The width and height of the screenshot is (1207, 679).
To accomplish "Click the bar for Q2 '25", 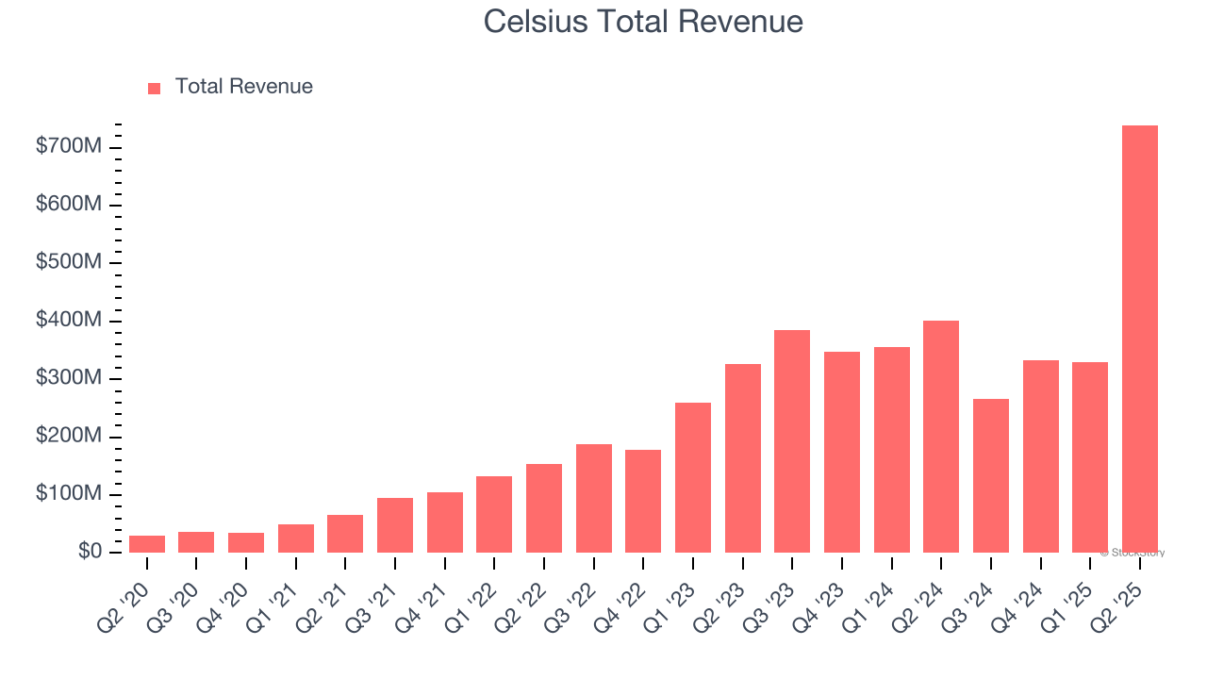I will tap(1139, 339).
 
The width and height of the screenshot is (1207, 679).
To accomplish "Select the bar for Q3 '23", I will tap(792, 441).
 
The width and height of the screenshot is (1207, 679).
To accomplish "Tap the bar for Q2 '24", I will tap(941, 437).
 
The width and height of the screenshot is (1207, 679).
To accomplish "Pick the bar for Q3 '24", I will tap(990, 475).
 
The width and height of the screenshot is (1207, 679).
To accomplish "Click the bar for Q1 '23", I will tap(693, 477).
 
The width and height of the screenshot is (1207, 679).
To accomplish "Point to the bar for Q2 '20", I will tap(147, 544).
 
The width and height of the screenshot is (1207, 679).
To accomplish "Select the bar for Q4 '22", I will tap(643, 501).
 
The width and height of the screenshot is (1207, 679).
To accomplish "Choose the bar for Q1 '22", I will tap(494, 514).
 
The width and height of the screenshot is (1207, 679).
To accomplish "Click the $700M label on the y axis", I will tap(69, 147).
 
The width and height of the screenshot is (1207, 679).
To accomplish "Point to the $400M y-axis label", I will tap(69, 321).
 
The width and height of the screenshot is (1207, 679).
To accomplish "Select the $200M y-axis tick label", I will tap(69, 437).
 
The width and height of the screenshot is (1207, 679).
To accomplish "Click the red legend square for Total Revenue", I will tap(155, 88).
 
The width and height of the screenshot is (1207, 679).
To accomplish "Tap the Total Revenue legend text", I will tap(243, 87).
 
